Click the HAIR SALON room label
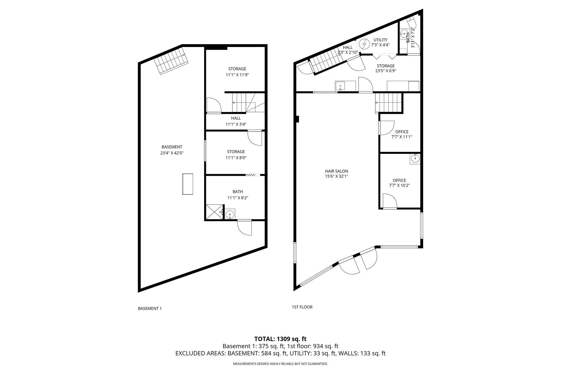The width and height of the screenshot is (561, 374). coord(336,171)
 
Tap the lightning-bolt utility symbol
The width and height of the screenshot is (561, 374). coord(364,44)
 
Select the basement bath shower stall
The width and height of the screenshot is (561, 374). coord(214,212)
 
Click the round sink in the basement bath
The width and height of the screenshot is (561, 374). coord(230,214)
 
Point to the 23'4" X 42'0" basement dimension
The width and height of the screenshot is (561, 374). coord(172,153)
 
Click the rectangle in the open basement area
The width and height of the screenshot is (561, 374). coord(187,184)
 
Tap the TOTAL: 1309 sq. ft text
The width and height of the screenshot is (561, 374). coord(280,339)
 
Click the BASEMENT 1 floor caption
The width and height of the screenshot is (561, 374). coord(150,308)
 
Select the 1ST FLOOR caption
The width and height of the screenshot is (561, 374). coord(302,307)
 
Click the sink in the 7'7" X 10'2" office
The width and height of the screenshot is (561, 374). coord(415,159)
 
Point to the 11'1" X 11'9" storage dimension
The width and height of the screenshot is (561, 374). coord(237,75)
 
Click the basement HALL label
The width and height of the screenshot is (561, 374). coord(236,118)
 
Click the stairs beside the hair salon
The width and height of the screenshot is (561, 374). coord(388,103)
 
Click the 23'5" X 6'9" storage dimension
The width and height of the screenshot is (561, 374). coord(385,71)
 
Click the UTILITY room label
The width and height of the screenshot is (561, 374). coord(380,40)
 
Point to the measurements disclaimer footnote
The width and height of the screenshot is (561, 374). coord(280,364)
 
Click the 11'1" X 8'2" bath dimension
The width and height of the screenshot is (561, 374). coord(237,198)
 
